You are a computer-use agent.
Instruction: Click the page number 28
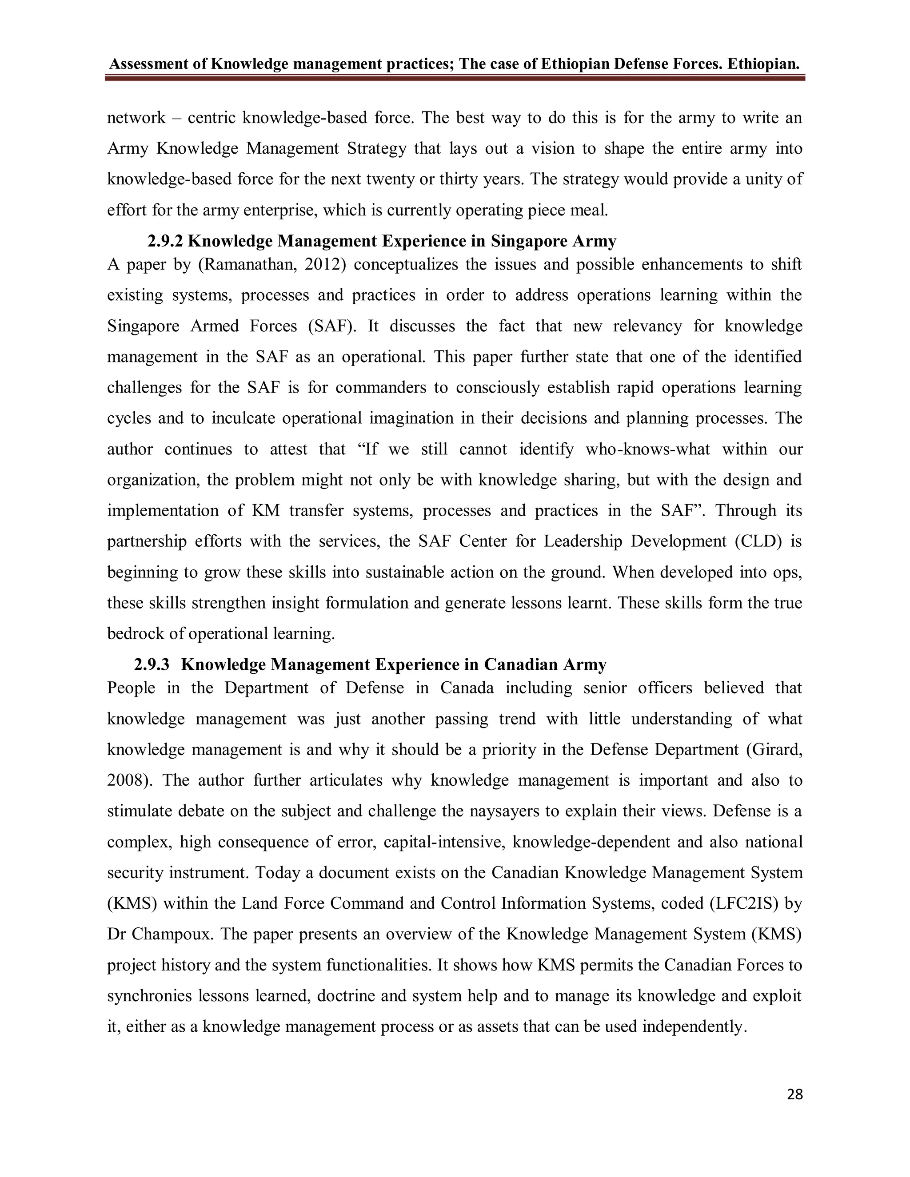coord(794,1094)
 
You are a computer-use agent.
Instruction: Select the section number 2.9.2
coord(165,241)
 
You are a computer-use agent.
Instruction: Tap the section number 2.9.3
coord(152,664)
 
